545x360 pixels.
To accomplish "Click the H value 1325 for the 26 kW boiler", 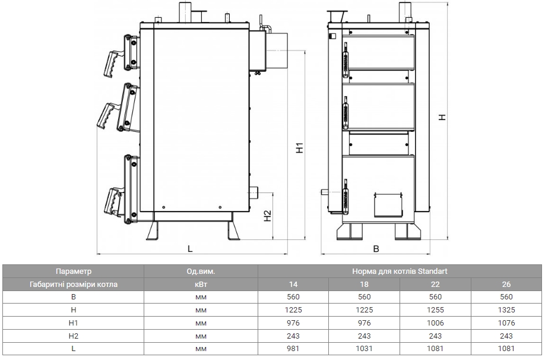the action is (x=506, y=310).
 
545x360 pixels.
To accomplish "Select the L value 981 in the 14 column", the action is (x=293, y=349).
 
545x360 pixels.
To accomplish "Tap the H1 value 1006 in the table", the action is (x=435, y=323).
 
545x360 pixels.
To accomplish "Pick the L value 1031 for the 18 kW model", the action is (x=364, y=349).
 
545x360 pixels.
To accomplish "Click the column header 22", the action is (x=435, y=284).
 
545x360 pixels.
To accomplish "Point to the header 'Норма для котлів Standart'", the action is (x=400, y=271).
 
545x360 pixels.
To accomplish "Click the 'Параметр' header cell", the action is (x=74, y=271).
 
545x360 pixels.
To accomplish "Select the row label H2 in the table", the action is (x=74, y=336).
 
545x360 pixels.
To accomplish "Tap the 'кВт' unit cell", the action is (x=201, y=284).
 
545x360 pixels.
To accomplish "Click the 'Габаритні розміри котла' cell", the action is (x=74, y=284).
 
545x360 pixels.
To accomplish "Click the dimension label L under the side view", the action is (x=190, y=249).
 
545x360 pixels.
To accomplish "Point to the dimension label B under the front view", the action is (x=376, y=249).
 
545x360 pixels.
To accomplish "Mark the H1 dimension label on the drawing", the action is (x=300, y=148).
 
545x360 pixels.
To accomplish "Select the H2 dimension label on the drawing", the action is (x=267, y=216).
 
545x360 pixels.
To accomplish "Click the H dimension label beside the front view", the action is (x=442, y=118).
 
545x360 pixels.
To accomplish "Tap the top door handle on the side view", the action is (x=112, y=64).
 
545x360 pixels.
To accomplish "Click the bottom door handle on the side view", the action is (x=113, y=201).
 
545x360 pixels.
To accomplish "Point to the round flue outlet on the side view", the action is (x=277, y=50).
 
